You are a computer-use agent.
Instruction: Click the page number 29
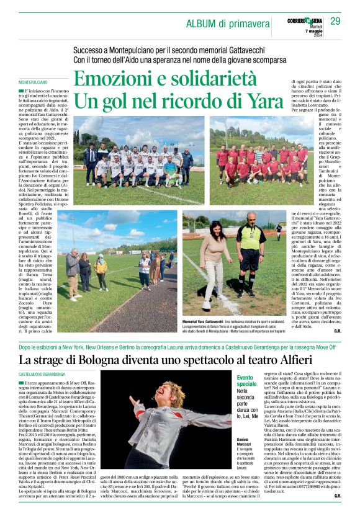[x=335, y=21]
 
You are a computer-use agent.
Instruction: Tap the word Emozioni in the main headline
[x=113, y=79]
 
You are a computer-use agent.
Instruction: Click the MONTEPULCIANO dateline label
[x=33, y=82]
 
